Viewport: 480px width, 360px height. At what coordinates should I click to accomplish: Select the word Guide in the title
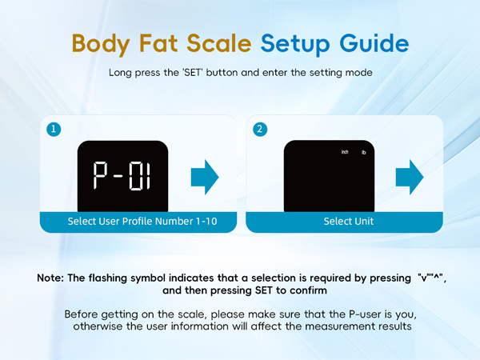(374, 42)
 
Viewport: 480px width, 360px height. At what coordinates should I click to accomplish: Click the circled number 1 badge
(53, 129)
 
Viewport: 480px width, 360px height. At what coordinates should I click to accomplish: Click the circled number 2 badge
(258, 129)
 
